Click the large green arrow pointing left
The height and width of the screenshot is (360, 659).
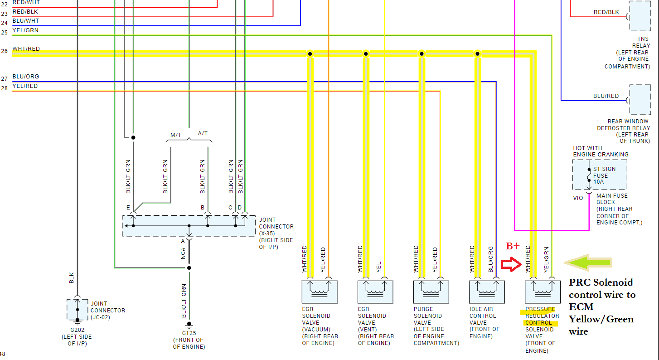coord(588,263)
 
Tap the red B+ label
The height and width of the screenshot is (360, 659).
coord(513,246)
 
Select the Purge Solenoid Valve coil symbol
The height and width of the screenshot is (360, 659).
coord(431,292)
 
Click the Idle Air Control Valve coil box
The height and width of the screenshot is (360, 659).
coord(487,292)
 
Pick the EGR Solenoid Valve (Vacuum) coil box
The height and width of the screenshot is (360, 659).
coord(320,292)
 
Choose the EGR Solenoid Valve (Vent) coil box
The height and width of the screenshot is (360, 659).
coord(375,292)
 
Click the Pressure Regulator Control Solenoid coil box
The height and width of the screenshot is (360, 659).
coord(543,292)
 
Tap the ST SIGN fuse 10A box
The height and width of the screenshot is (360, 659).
coord(600,175)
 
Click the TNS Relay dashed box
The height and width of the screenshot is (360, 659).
coord(640,16)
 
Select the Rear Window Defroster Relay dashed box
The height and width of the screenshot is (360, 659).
coord(640,100)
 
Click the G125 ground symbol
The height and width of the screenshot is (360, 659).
coord(189,325)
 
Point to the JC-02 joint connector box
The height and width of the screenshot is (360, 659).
coord(78,310)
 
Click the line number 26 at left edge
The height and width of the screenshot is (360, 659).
coord(4,51)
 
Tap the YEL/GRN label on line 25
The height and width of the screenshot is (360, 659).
coord(25,30)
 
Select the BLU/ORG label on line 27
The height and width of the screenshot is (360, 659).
coord(26,77)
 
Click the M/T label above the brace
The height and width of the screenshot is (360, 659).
coord(176,135)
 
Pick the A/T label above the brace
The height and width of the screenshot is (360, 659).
coord(203,133)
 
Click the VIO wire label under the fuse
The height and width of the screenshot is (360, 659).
coord(578,198)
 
